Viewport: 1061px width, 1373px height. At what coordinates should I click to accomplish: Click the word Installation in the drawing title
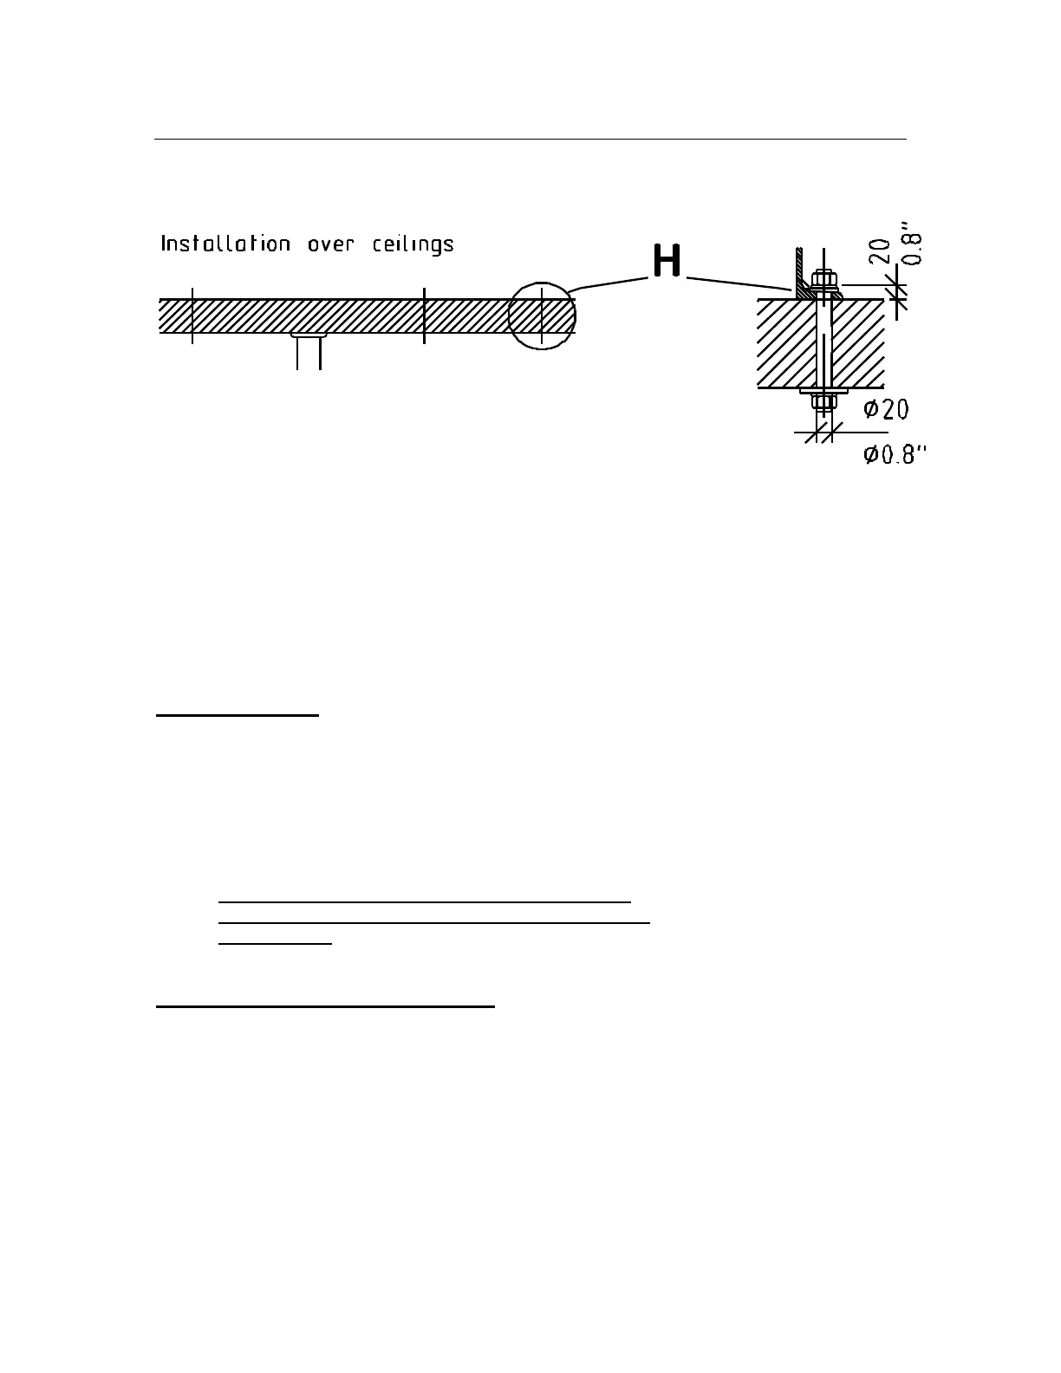point(225,244)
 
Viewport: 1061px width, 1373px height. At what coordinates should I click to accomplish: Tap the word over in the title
point(331,244)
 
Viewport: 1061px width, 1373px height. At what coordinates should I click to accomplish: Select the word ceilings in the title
point(413,244)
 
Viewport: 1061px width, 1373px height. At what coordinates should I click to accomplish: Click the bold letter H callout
point(666,261)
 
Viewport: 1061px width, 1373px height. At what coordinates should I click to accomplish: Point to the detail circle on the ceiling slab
point(541,316)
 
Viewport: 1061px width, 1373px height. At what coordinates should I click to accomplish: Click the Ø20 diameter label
point(886,409)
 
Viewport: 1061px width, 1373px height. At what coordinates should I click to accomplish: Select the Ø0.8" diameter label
point(895,454)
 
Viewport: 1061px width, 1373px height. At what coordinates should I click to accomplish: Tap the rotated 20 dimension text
point(879,251)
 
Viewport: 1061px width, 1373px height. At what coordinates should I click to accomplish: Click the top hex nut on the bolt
point(823,278)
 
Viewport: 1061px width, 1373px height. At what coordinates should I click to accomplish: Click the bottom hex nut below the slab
point(823,402)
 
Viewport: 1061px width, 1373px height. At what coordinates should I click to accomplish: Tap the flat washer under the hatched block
point(823,392)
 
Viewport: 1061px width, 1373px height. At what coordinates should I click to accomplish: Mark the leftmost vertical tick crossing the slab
point(192,316)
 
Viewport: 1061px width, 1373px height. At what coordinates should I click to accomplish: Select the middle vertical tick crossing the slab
point(424,316)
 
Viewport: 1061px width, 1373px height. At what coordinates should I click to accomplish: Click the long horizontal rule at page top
point(530,139)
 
